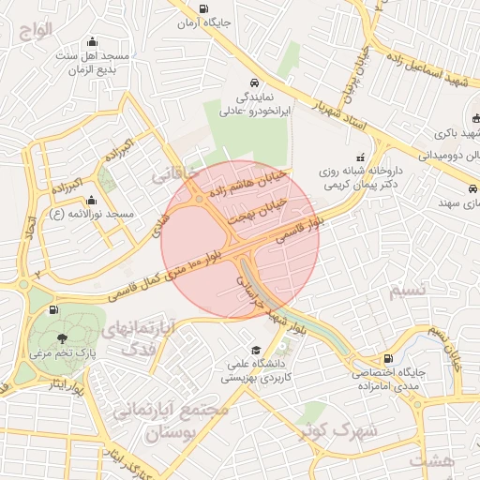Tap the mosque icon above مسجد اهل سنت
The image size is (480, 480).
tap(92, 41)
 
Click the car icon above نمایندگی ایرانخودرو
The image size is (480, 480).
tap(253, 82)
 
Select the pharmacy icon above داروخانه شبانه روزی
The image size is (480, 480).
tap(357, 158)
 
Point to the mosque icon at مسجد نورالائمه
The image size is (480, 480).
tap(91, 200)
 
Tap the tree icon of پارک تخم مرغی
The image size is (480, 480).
tap(62, 338)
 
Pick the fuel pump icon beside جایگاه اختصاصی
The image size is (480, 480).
tap(387, 357)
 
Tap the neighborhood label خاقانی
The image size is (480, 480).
tap(175, 174)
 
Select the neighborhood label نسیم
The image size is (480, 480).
tap(407, 291)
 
